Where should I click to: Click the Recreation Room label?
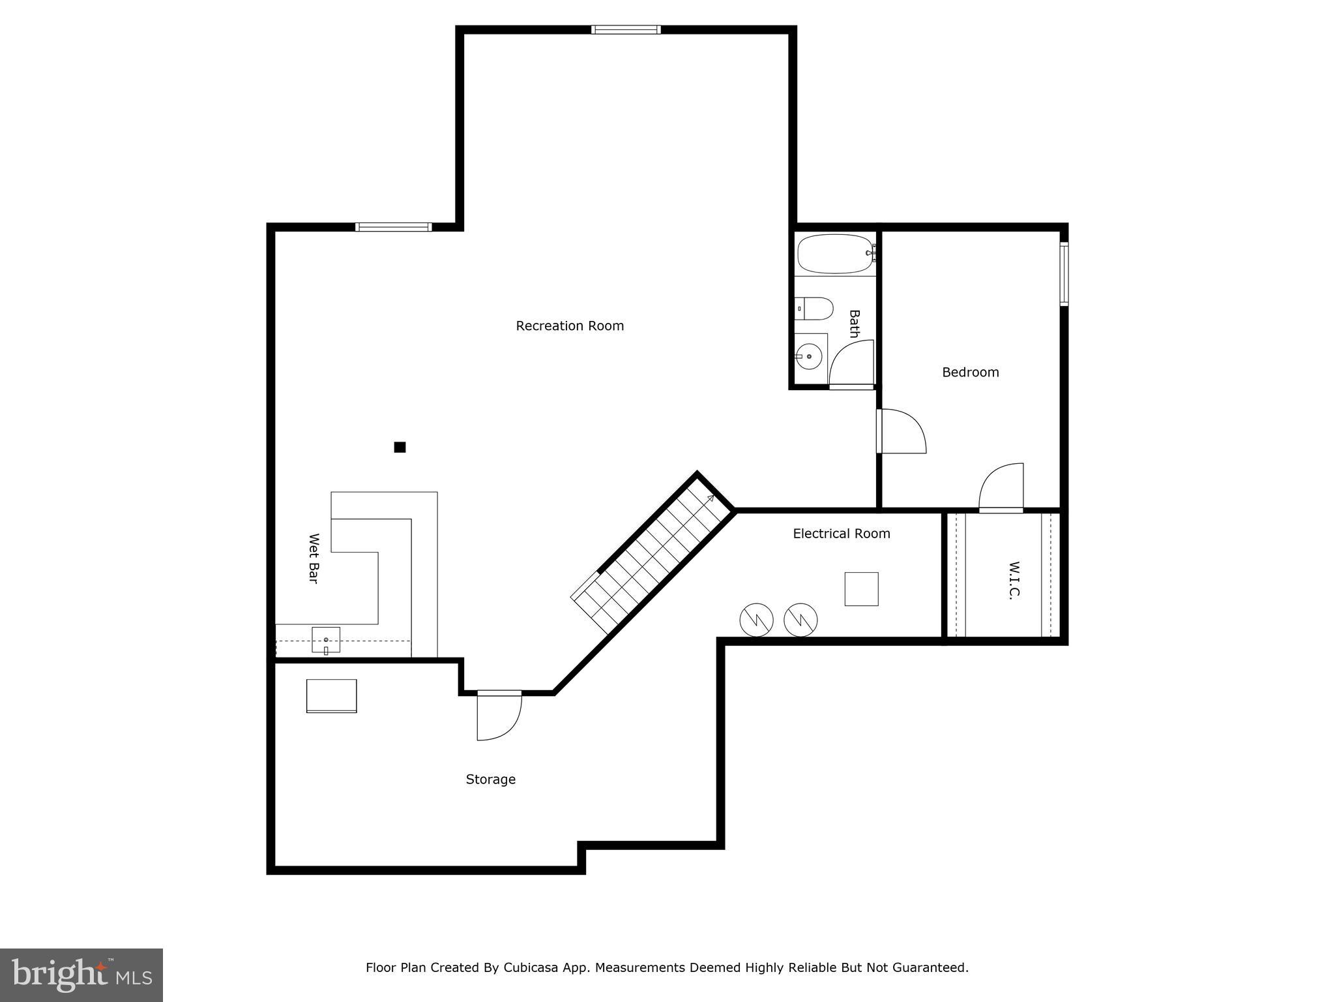click(570, 326)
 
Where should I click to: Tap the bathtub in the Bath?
click(835, 254)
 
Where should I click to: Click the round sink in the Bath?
click(809, 357)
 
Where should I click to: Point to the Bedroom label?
click(970, 372)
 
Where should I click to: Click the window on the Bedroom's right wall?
click(1063, 274)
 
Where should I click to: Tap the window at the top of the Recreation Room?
click(626, 29)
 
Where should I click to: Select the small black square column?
click(400, 447)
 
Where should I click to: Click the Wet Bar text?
click(314, 558)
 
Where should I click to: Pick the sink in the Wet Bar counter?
click(326, 640)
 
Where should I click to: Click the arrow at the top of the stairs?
click(709, 499)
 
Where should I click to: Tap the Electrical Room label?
click(841, 534)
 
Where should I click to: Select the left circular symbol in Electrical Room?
click(756, 620)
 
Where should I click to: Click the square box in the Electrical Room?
click(861, 589)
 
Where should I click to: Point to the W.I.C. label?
click(1014, 580)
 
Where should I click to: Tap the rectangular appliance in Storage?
click(331, 696)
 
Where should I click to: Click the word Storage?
click(490, 780)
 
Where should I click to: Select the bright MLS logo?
click(81, 975)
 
